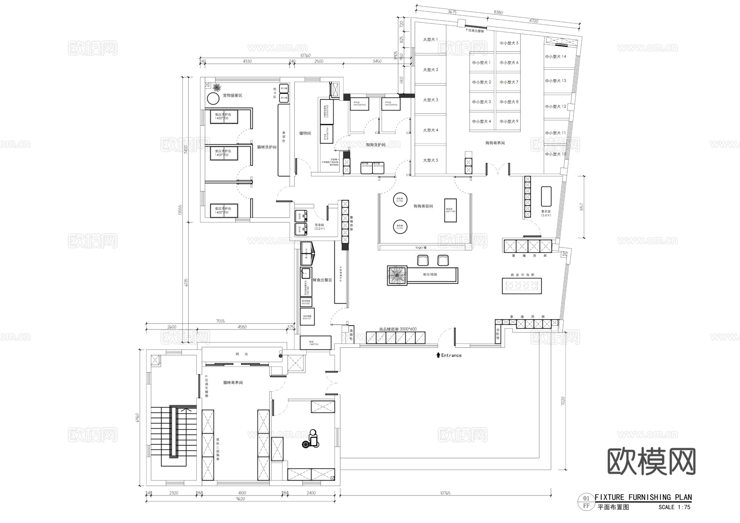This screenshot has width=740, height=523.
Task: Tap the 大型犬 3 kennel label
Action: point(430,100)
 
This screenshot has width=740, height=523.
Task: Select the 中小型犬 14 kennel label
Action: point(555,57)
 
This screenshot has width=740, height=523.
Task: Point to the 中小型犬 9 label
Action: point(509,122)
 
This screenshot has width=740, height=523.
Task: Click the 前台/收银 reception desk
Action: point(430,274)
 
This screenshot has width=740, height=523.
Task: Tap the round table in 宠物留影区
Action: point(213,99)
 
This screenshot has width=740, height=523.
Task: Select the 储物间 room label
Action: point(305,134)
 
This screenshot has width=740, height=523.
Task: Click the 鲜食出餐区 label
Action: point(322,280)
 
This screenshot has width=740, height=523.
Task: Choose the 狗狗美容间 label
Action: point(423,206)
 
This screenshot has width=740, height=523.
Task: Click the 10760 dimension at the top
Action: point(305,55)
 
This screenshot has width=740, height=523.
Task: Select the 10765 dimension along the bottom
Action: point(445,493)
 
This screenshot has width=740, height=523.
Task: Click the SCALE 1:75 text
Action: point(674,507)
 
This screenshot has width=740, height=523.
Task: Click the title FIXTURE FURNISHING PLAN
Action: point(643,497)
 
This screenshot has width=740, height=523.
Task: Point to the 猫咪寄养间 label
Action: point(233,382)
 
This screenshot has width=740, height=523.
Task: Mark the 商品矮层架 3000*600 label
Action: point(398,329)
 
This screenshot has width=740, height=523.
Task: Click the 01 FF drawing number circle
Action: point(586,502)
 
